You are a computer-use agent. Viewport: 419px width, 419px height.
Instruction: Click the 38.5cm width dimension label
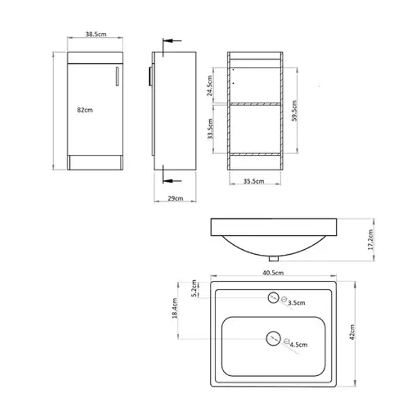tap(95, 34)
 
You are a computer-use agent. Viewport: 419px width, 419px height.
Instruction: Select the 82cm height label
tap(85, 110)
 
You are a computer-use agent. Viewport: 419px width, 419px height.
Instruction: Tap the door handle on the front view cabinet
tap(117, 76)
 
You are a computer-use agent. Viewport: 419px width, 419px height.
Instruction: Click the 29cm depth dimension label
tap(175, 199)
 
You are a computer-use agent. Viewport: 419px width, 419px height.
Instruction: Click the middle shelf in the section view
tap(255, 103)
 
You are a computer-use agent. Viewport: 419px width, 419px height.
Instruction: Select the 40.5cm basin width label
tap(273, 272)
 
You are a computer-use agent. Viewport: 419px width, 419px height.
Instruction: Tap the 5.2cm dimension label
tap(194, 289)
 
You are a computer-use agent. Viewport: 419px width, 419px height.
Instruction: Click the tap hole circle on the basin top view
tap(272, 298)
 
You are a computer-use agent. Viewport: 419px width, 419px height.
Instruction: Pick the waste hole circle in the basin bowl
tap(272, 338)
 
